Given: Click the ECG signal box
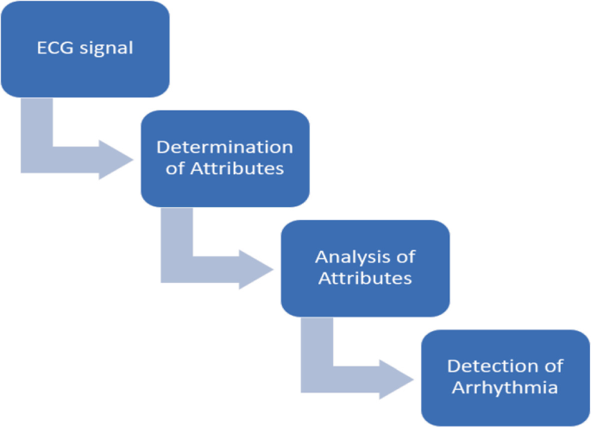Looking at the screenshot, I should [x=85, y=48].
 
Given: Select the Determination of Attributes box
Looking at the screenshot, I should [x=224, y=158].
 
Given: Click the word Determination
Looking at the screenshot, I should [x=224, y=147].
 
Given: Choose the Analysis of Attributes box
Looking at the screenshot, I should [x=365, y=267].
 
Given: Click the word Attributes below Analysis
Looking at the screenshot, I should [x=365, y=279].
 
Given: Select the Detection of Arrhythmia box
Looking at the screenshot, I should [x=505, y=377].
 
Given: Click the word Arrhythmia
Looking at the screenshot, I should [x=505, y=388].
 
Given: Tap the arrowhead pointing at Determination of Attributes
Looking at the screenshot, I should [x=116, y=160].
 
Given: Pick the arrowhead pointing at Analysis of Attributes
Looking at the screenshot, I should [x=256, y=269].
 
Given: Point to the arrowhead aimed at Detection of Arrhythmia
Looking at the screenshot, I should [x=396, y=379].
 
